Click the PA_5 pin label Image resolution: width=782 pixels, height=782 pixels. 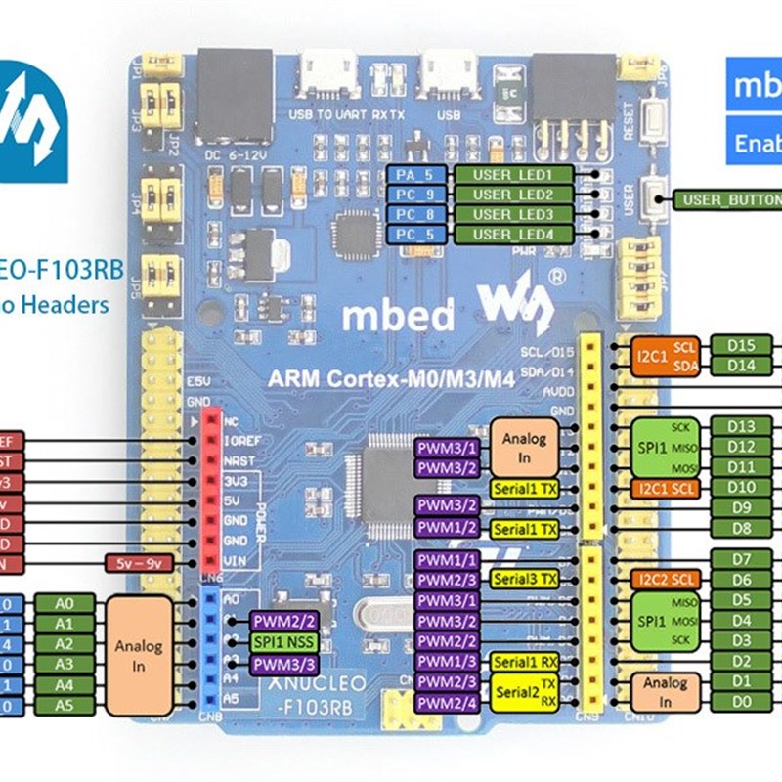[417, 174]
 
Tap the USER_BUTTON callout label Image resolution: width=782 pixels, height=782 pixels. [727, 200]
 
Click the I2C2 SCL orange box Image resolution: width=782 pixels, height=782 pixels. [665, 580]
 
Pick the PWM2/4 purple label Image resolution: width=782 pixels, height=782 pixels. [447, 703]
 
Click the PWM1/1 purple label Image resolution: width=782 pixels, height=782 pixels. [447, 560]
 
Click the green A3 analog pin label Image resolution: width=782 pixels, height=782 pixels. [65, 664]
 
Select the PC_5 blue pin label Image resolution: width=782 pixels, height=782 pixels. [417, 235]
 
